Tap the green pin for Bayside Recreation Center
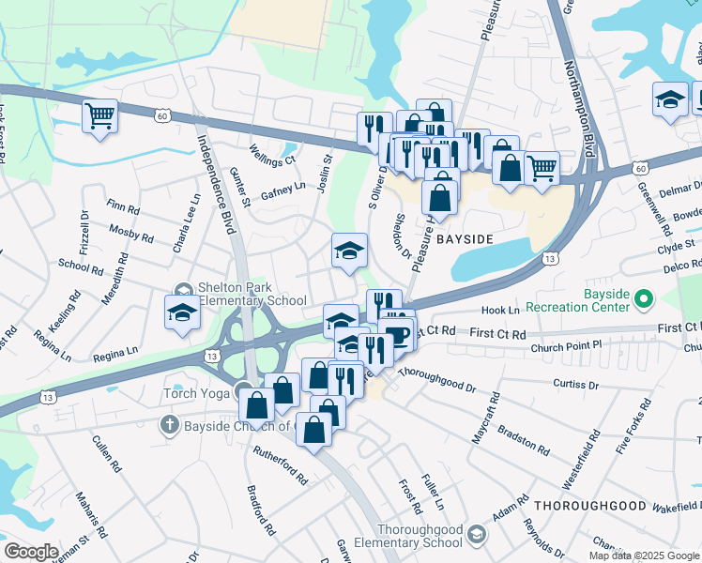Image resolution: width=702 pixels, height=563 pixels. [x=644, y=299]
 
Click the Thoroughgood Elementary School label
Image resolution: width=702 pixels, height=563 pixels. [x=420, y=536]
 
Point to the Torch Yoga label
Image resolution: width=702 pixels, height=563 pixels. [x=196, y=393]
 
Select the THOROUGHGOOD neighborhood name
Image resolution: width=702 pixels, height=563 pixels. [x=590, y=506]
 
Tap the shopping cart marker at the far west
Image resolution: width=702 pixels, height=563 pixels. [x=99, y=117]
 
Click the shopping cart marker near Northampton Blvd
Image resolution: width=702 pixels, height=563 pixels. [x=542, y=168]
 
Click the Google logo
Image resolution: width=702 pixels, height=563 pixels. [x=31, y=552]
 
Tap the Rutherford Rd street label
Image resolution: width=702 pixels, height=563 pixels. [x=282, y=464]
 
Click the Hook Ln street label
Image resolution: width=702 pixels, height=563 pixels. [x=500, y=310]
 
